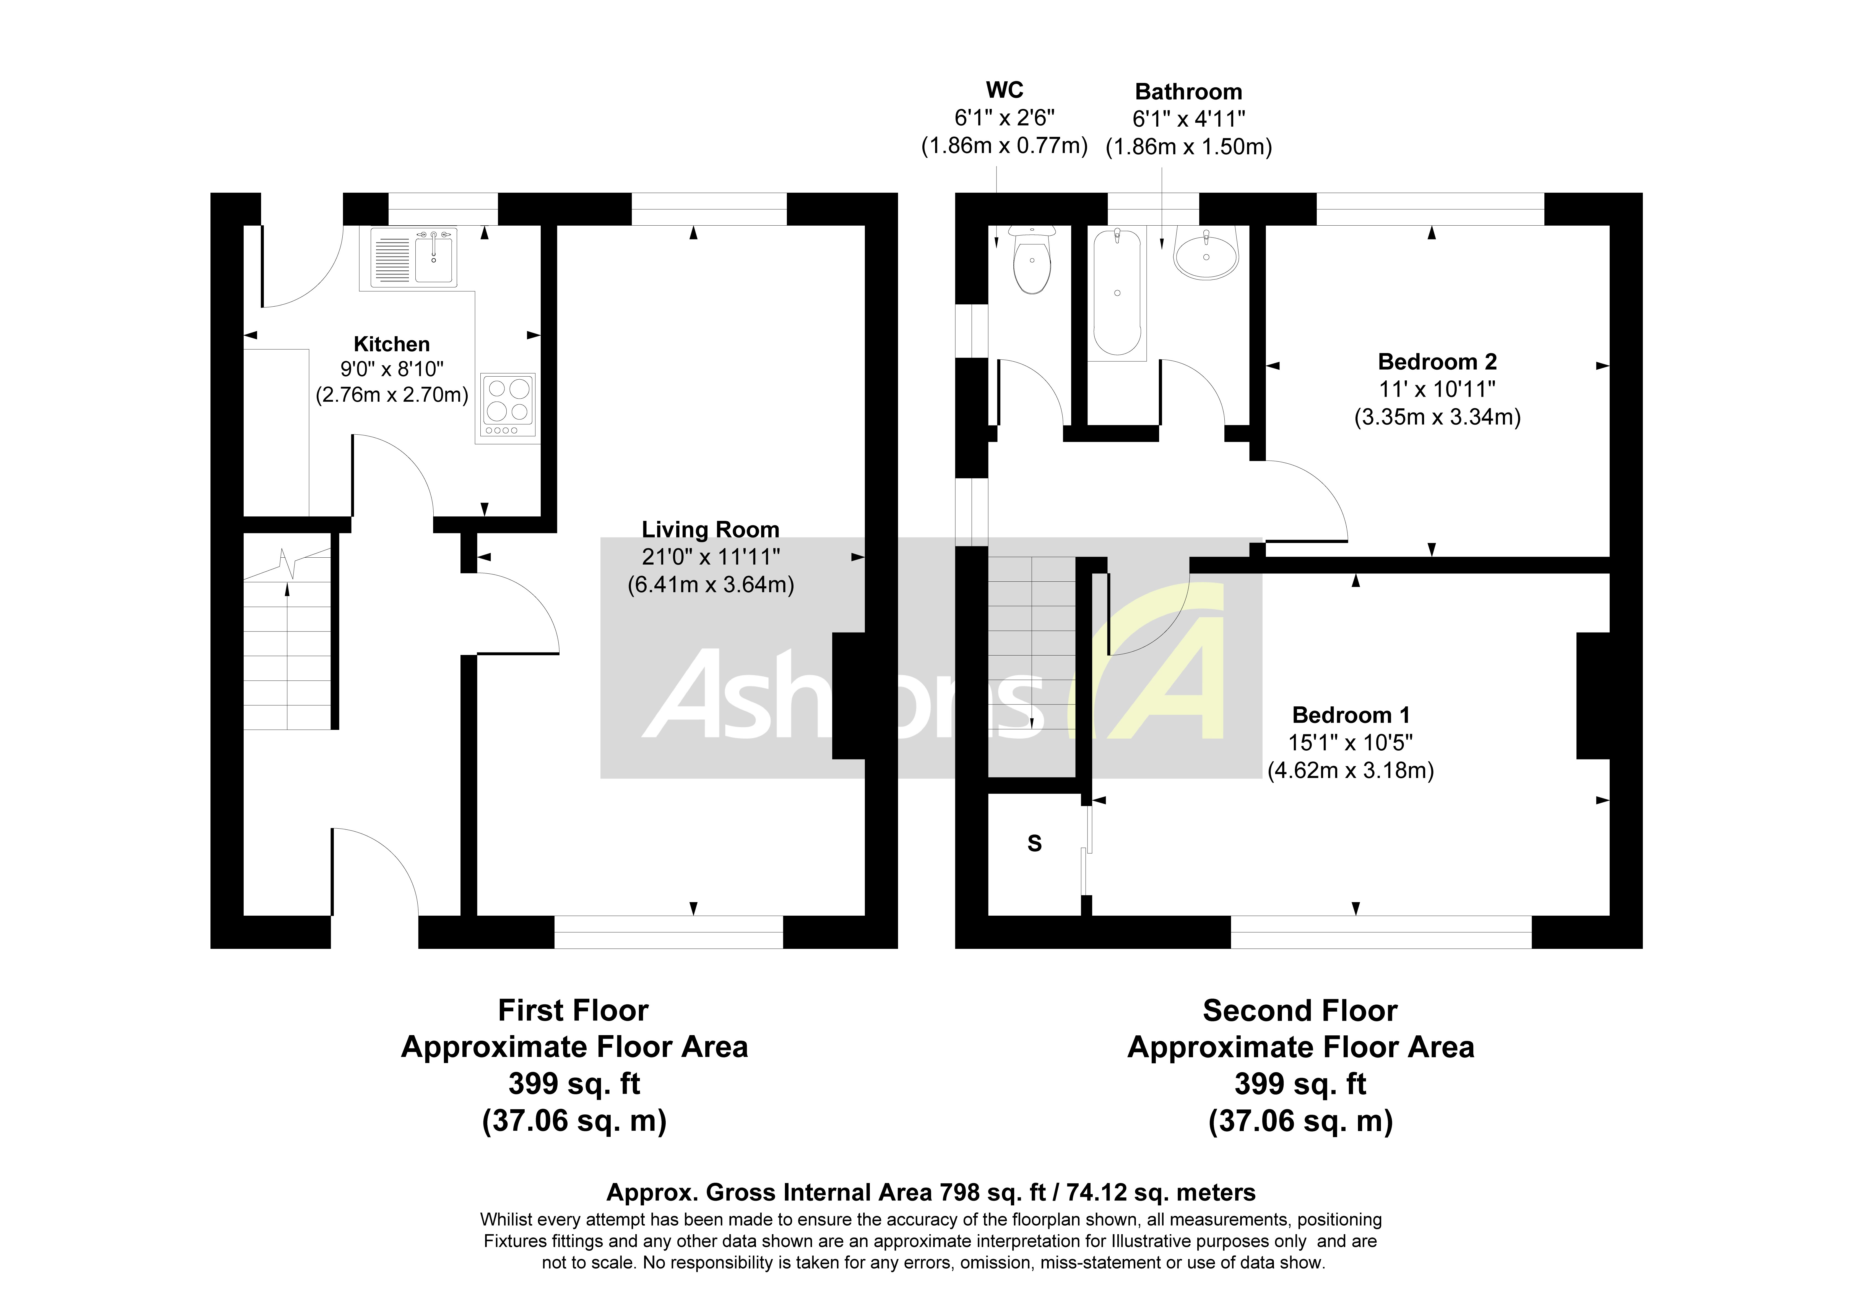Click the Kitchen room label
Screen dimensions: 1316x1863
click(x=391, y=344)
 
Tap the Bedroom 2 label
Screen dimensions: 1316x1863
click(x=1437, y=362)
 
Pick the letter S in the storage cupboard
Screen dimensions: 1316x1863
click(x=1035, y=844)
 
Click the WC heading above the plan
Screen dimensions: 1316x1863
click(x=1005, y=90)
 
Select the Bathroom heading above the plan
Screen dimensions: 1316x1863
click(x=1188, y=92)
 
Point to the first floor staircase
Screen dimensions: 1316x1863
click(x=287, y=641)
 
